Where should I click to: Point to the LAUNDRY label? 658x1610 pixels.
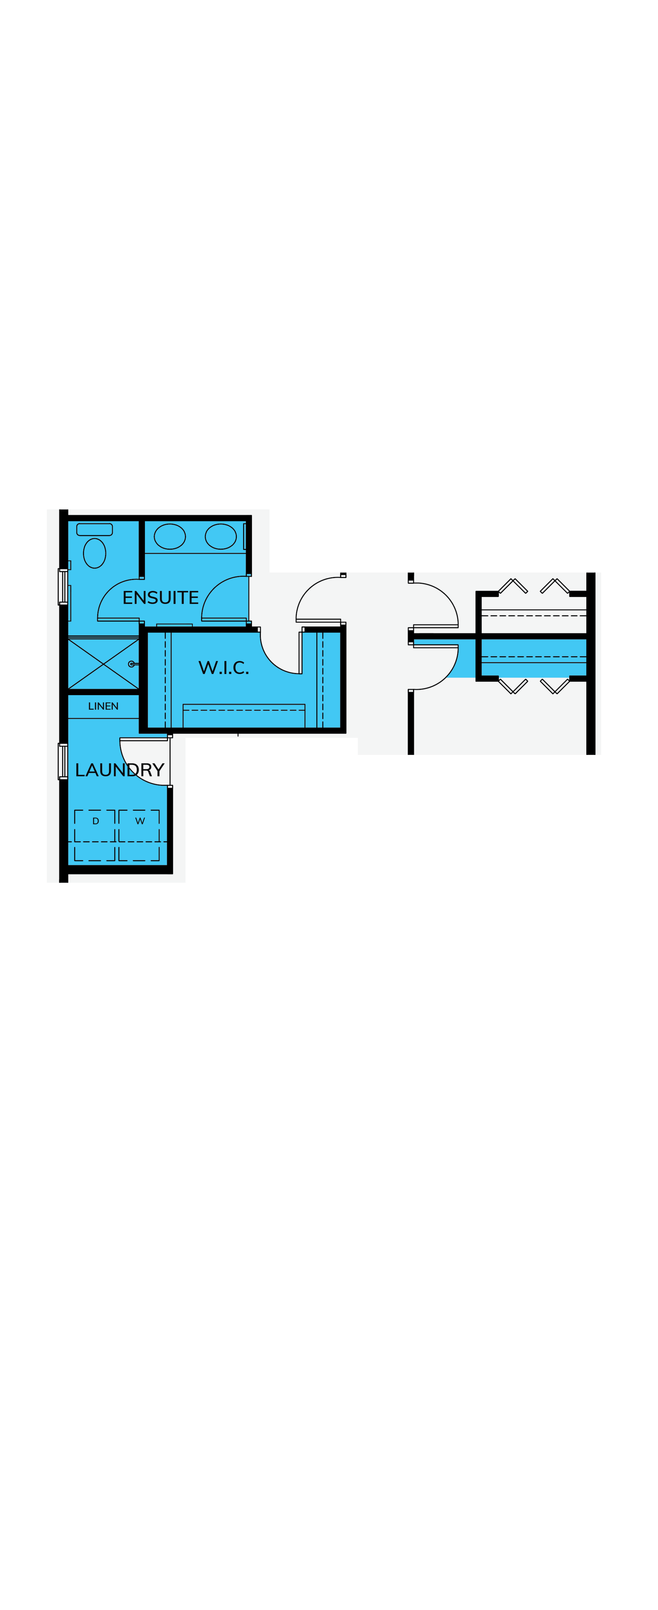pos(119,770)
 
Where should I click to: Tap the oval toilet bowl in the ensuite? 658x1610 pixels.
pos(94,553)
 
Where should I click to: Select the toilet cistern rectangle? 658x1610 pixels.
pos(94,529)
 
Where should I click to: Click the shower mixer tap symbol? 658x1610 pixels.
pos(133,664)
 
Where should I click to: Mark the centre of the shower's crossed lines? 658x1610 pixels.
pos(103,664)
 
